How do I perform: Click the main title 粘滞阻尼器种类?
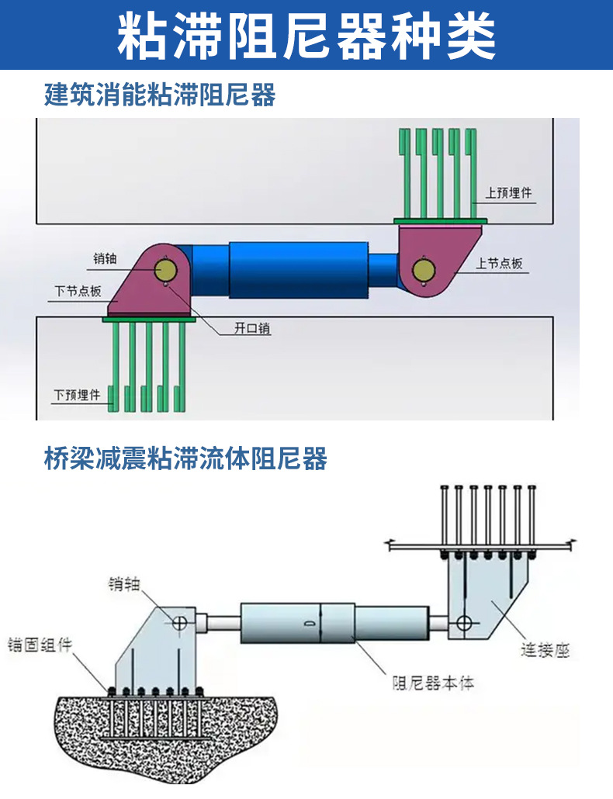[x=306, y=36]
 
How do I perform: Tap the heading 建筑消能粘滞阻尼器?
[x=160, y=95]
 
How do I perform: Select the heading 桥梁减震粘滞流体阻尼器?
[x=185, y=458]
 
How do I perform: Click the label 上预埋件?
[x=508, y=192]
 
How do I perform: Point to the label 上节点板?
[x=499, y=264]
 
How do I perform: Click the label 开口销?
[x=252, y=328]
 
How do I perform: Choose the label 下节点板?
[x=78, y=291]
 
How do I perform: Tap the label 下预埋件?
[x=78, y=395]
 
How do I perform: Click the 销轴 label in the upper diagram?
[x=105, y=258]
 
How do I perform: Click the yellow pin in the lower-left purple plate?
[x=165, y=269]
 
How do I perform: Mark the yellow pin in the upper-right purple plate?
[x=424, y=270]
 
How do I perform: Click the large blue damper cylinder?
[x=299, y=270]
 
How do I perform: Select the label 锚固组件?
[x=40, y=645]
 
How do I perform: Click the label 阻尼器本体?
[x=433, y=683]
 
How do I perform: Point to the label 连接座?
[x=545, y=650]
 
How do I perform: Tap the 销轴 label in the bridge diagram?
[x=124, y=584]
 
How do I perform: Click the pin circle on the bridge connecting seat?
[x=464, y=623]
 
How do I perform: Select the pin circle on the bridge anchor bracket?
[x=179, y=622]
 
